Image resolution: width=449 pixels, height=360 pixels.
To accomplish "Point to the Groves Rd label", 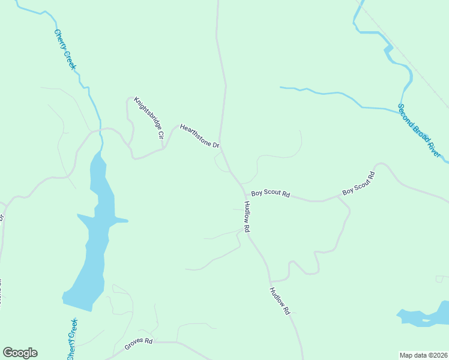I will [x=139, y=344].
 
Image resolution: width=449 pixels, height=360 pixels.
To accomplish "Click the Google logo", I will [x=20, y=353].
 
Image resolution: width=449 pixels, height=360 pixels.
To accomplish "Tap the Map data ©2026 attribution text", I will [x=423, y=355].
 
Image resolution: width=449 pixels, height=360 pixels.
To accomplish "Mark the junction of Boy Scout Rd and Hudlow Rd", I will [x=246, y=195].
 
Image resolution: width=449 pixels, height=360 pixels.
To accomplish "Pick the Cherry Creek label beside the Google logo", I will [x=71, y=340].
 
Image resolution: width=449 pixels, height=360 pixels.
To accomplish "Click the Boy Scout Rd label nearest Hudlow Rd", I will [x=270, y=194].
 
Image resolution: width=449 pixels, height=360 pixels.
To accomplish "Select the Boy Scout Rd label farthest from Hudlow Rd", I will [x=358, y=184].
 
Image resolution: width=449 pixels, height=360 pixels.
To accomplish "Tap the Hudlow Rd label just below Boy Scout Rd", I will [x=247, y=217].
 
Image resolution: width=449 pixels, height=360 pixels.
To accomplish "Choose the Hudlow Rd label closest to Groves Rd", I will [x=280, y=301].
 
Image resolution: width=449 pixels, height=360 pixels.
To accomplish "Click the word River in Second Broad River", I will [x=437, y=149].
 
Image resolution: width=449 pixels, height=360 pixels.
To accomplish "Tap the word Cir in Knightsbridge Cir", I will [x=160, y=135].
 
